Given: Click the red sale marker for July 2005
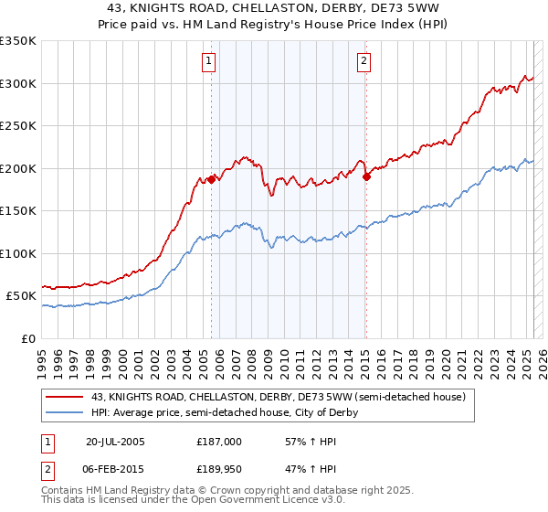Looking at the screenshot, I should (x=211, y=179).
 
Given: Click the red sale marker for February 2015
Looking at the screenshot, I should (x=366, y=176).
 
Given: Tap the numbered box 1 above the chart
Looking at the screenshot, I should (x=210, y=61).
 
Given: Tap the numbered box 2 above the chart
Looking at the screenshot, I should (x=364, y=61).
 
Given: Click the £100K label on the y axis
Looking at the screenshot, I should (x=18, y=253).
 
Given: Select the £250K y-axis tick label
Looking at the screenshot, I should (x=18, y=126).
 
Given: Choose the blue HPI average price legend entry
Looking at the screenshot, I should (x=224, y=412).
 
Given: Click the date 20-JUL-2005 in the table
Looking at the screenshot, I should (x=115, y=441).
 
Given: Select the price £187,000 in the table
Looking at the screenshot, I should (x=218, y=441).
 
